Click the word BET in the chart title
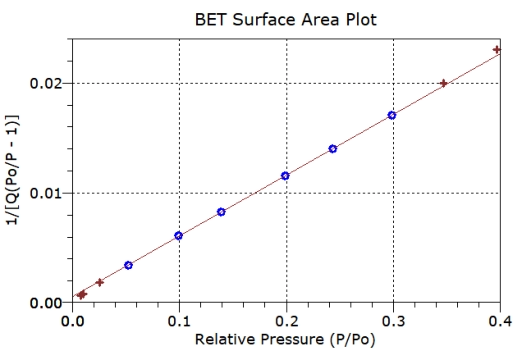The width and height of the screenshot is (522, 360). tap(214, 19)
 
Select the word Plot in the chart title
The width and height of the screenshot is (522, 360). tap(356, 19)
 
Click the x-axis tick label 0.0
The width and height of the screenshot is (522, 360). tap(72, 321)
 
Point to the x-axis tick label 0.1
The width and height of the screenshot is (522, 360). tap(179, 321)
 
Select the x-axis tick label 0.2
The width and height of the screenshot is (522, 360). tap(286, 321)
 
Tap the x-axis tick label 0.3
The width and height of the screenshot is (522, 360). tap(393, 321)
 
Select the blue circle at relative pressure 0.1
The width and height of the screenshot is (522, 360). tap(179, 236)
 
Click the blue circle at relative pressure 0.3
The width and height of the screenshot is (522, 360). tap(392, 115)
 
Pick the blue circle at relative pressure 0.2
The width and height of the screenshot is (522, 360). tap(286, 176)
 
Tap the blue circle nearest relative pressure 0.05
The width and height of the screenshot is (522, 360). tap(128, 265)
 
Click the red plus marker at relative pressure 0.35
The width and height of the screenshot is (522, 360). tap(444, 83)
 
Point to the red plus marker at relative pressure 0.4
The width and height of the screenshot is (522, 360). tap(498, 49)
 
